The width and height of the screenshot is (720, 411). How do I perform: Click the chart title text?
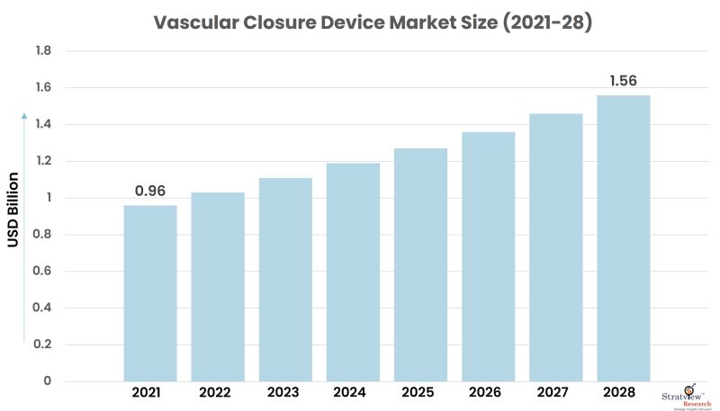[360, 22]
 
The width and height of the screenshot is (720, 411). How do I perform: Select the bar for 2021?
[150, 293]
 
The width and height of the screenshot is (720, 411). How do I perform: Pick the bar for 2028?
[623, 237]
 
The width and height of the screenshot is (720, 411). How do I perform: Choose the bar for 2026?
[488, 256]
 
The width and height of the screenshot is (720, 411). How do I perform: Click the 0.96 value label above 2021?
[150, 192]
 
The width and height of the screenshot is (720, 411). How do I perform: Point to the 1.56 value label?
[624, 81]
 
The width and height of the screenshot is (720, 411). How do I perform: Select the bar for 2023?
[285, 279]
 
